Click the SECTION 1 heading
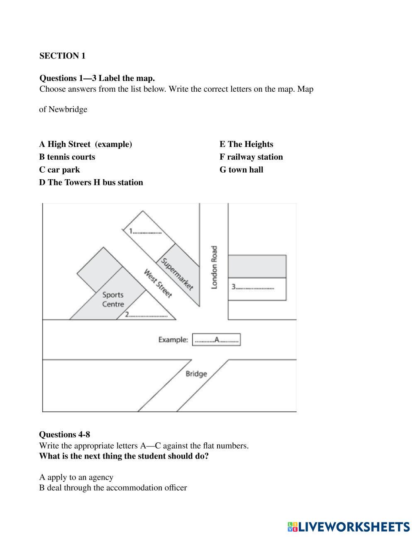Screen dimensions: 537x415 click(62, 56)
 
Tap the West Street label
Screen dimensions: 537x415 click(158, 283)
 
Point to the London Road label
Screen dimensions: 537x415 click(214, 267)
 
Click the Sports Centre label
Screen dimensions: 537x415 click(113, 299)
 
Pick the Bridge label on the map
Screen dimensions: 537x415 click(196, 374)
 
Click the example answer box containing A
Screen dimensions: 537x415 click(216, 340)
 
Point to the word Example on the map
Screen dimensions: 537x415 click(173, 340)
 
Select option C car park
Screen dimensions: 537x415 click(60, 170)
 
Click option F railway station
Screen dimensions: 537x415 click(251, 157)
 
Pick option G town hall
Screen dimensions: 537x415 click(241, 170)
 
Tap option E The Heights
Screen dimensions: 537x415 click(246, 144)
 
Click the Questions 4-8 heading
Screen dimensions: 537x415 click(64, 434)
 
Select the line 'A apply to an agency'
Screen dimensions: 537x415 click(76, 477)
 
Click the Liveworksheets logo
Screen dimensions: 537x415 click(349, 527)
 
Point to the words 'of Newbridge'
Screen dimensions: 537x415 click(63, 110)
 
